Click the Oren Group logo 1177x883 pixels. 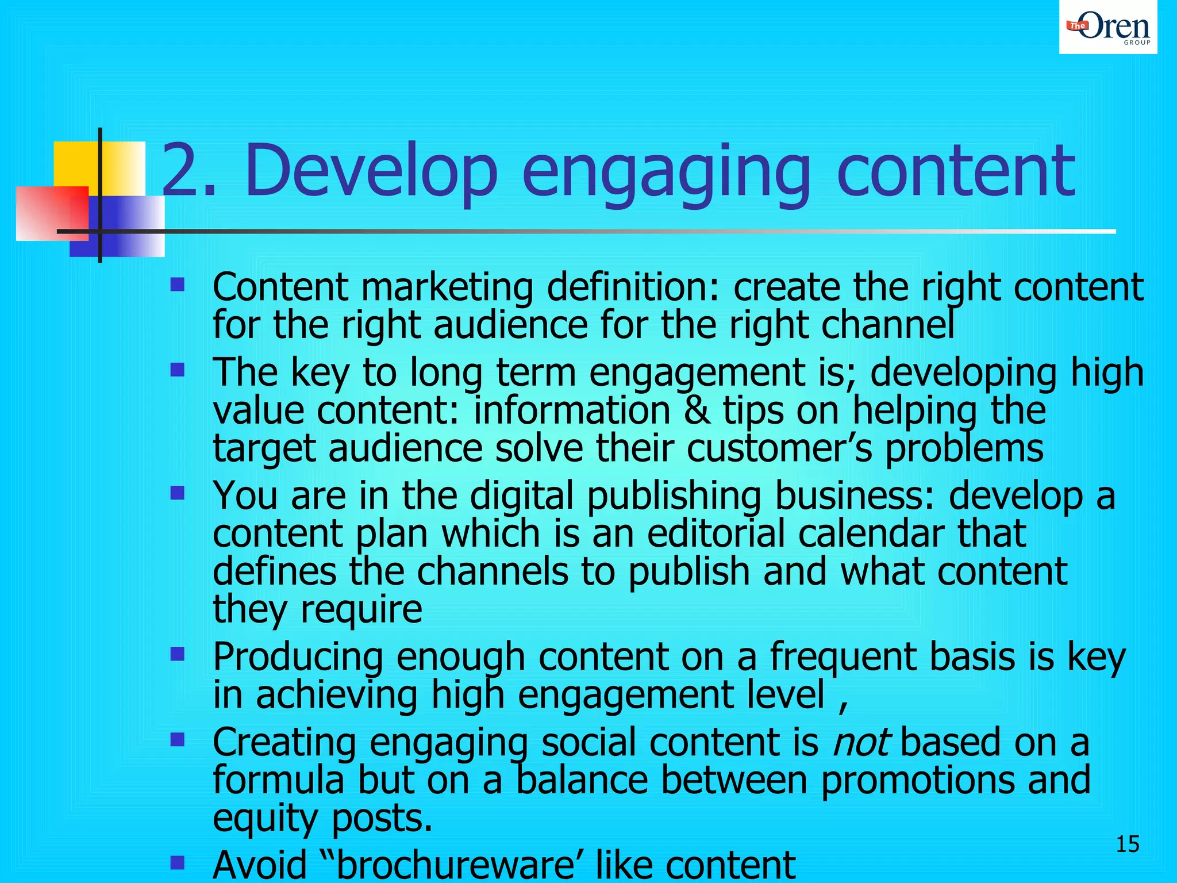(1108, 28)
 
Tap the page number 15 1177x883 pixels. (1127, 844)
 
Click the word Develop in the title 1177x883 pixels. (371, 171)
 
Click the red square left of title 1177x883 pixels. (52, 213)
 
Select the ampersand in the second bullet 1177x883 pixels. (697, 411)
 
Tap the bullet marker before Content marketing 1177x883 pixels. (178, 285)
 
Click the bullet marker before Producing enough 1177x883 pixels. (178, 654)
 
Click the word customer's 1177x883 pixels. (779, 449)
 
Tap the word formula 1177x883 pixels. (278, 780)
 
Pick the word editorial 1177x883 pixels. (716, 533)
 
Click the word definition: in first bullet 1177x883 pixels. (633, 287)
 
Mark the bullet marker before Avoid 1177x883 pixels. (178, 862)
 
